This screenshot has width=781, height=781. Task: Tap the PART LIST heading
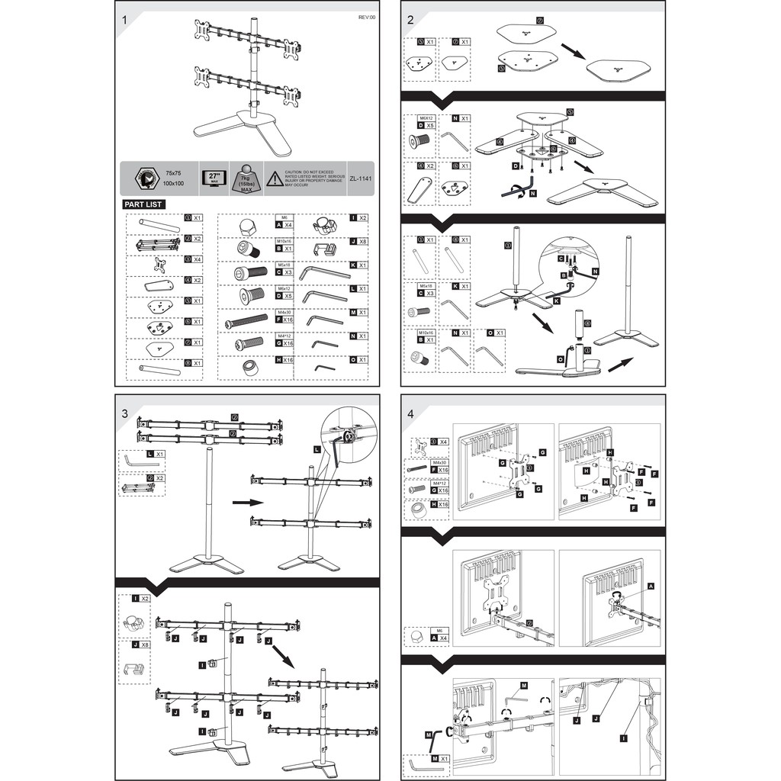pyautogui.click(x=143, y=204)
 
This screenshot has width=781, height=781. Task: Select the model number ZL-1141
pyautogui.click(x=360, y=178)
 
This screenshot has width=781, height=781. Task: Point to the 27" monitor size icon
pyautogui.click(x=214, y=177)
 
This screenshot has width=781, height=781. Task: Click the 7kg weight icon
pyautogui.click(x=246, y=178)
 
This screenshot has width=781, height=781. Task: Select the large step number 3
pyautogui.click(x=124, y=413)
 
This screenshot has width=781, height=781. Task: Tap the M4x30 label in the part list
pyautogui.click(x=283, y=312)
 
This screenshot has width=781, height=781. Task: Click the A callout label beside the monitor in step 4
pyautogui.click(x=651, y=587)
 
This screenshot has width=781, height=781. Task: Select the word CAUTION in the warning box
pyautogui.click(x=295, y=173)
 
